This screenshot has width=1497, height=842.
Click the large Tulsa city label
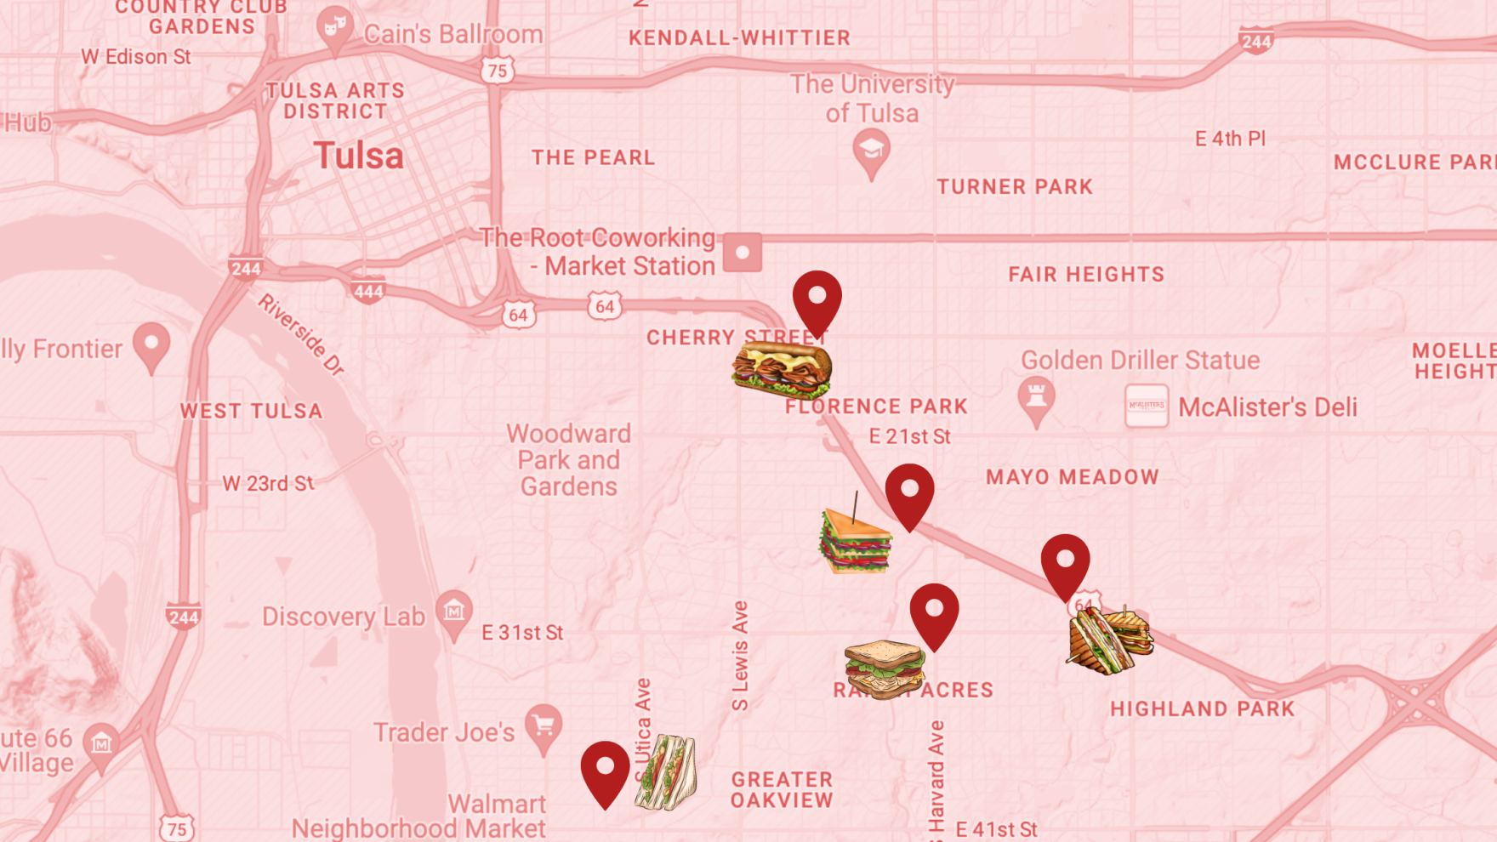point(358,156)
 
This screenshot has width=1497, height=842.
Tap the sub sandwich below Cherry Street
point(781,369)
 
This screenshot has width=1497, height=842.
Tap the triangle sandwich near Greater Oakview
point(666,772)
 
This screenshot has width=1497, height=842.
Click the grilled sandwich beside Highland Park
point(1108,640)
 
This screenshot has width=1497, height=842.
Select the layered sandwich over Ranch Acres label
point(885,668)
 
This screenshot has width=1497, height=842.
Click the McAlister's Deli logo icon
point(1146,406)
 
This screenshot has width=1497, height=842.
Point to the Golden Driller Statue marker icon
point(1036,398)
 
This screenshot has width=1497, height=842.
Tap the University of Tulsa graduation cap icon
point(871,151)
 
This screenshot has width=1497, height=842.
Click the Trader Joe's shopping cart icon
point(543,726)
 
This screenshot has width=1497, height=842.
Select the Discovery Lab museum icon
point(454,612)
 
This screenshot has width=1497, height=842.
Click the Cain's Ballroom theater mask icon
point(335,28)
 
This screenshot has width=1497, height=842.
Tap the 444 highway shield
point(368,291)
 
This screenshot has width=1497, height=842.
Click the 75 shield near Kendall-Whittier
point(498,71)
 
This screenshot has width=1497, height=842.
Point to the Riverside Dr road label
point(302,335)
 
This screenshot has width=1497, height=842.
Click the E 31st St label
point(522,633)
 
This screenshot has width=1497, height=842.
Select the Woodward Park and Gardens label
point(568,460)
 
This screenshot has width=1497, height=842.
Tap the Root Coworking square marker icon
point(743,253)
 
